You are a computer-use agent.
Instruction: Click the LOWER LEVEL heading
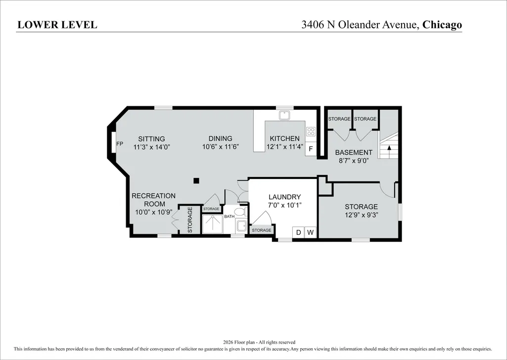(57, 25)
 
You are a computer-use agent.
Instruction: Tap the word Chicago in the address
(442, 25)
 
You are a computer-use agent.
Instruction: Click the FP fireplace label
(120, 143)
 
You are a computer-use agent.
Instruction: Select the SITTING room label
(151, 139)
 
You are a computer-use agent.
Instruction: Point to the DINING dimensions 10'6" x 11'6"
(221, 147)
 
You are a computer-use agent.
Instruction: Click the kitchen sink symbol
(285, 115)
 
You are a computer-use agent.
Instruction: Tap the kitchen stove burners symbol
(311, 131)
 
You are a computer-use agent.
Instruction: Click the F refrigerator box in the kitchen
(311, 149)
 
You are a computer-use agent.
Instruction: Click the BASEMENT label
(353, 152)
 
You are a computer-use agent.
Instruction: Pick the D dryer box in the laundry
(298, 232)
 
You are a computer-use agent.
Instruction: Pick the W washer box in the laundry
(311, 232)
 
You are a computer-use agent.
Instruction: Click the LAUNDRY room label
(284, 197)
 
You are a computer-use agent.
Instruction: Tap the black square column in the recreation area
(196, 180)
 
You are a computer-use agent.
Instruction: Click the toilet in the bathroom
(240, 212)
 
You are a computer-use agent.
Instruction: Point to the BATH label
(229, 217)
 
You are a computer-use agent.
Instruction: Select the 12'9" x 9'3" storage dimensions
(361, 215)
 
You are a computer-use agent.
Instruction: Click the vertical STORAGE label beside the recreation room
(190, 220)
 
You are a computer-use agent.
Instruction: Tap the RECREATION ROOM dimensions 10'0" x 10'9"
(154, 212)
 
